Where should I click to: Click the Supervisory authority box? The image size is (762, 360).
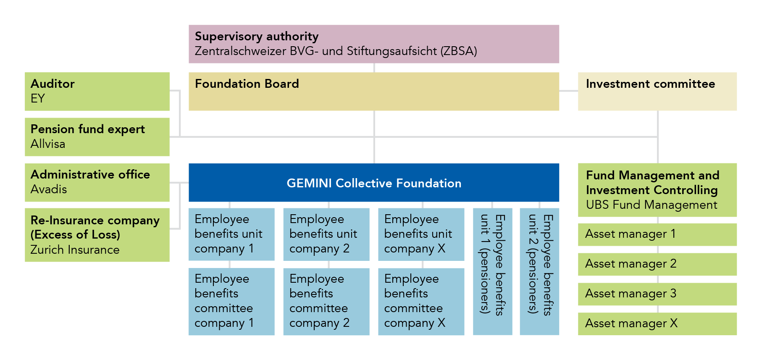[x=373, y=44]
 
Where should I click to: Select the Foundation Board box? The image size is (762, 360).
[x=373, y=91]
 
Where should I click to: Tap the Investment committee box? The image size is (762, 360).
[x=657, y=91]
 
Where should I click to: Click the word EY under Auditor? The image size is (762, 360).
[x=38, y=99]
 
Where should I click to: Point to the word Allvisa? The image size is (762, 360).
[x=48, y=144]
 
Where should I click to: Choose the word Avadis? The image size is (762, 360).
[x=49, y=189]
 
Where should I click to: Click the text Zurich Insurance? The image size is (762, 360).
[x=75, y=250]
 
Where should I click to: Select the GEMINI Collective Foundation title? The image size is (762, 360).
[x=373, y=183]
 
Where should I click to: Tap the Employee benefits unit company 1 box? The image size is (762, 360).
[x=231, y=234]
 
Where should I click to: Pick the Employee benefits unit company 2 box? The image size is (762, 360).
[x=326, y=234]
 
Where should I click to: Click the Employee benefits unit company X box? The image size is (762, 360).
[x=421, y=234]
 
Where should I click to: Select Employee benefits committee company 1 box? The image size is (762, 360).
[x=231, y=301]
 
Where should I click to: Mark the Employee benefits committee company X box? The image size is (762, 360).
[x=421, y=301]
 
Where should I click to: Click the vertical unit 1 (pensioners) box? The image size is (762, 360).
[x=492, y=271]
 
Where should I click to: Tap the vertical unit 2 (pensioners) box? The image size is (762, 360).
[x=539, y=271]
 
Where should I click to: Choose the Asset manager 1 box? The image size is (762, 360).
[x=657, y=234]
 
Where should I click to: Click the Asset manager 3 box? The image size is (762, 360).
[x=657, y=294]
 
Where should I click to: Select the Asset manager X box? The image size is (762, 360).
[x=657, y=323]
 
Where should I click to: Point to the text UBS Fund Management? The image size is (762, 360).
[x=651, y=205]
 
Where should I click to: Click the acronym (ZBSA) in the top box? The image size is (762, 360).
[x=458, y=51]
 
